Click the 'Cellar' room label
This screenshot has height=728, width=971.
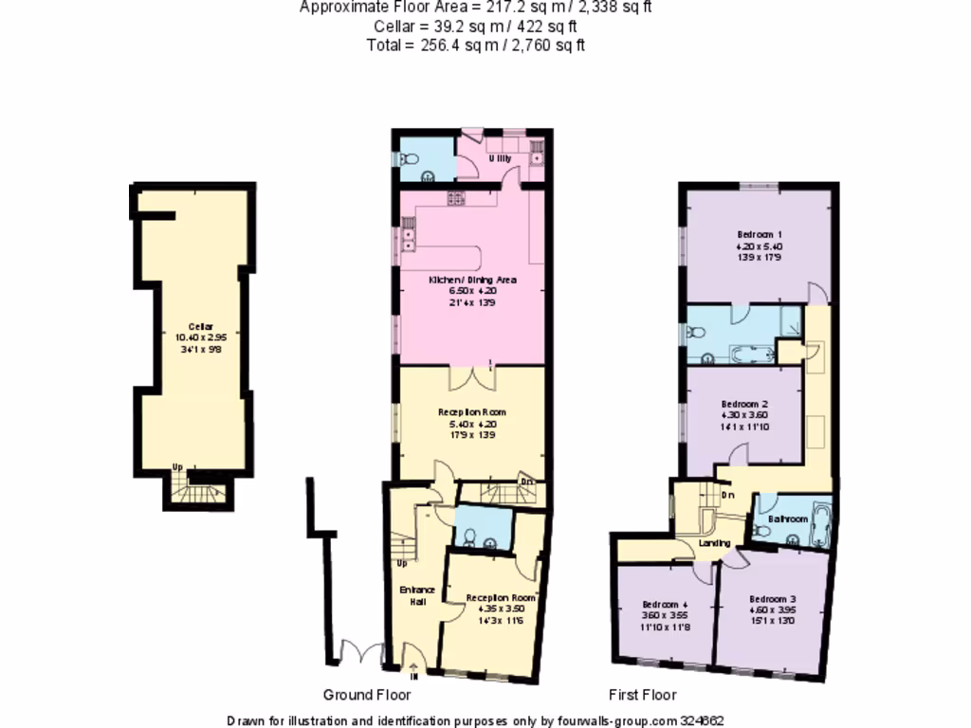click(x=194, y=326)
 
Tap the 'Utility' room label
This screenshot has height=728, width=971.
click(x=500, y=158)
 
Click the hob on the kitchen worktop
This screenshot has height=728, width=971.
click(x=455, y=198)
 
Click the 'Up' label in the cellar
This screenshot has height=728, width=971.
click(x=177, y=466)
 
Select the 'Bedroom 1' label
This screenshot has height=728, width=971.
click(x=759, y=234)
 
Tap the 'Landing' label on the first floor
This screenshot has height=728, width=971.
click(x=715, y=543)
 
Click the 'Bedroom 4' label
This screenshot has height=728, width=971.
click(x=665, y=605)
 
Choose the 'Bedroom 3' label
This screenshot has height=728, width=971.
click(x=772, y=599)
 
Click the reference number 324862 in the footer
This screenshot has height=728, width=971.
click(x=702, y=720)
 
